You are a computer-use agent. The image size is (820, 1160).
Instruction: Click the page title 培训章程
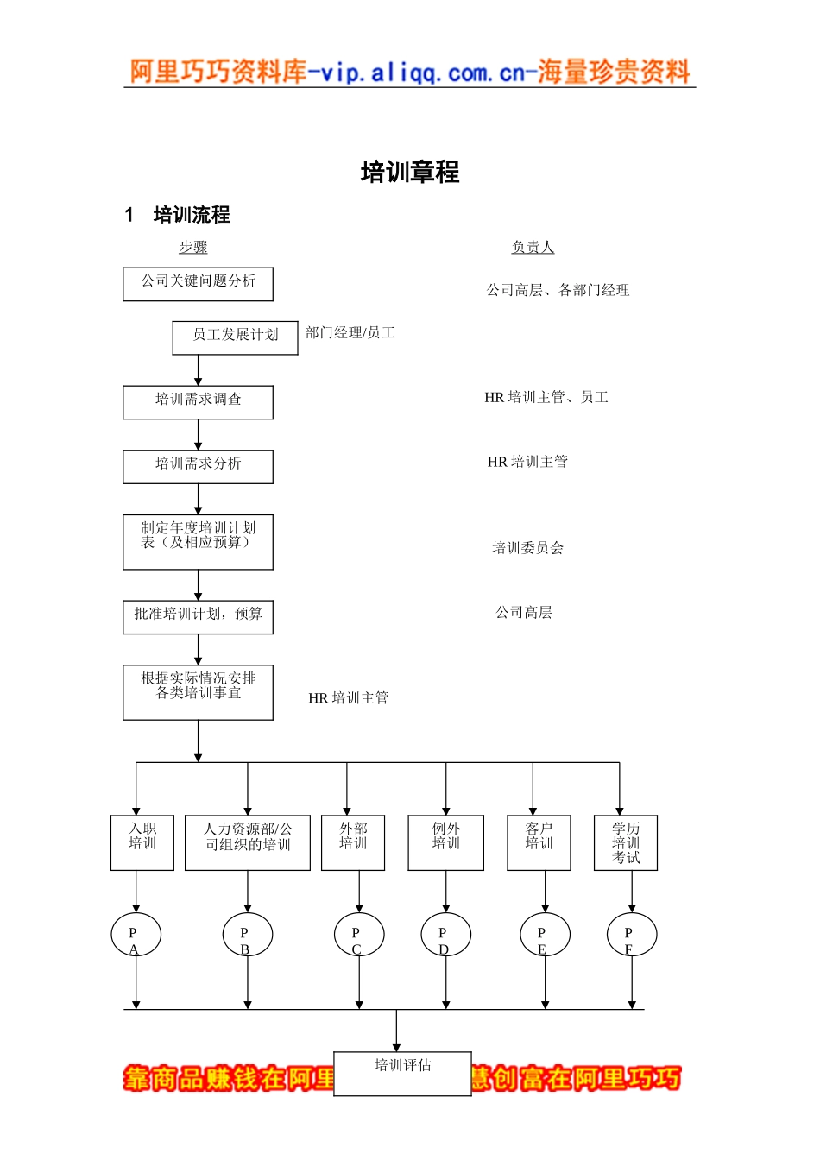(x=409, y=172)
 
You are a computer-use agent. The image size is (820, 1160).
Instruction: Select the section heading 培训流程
(x=191, y=215)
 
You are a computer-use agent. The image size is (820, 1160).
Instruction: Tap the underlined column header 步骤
(x=192, y=247)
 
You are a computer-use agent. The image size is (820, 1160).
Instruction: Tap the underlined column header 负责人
(x=533, y=247)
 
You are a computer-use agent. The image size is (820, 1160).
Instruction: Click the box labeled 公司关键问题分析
(x=198, y=284)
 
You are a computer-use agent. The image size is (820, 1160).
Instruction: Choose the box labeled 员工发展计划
(x=235, y=337)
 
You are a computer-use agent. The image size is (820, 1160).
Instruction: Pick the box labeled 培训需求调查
(x=198, y=402)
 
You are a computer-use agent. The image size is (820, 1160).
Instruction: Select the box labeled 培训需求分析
(x=198, y=466)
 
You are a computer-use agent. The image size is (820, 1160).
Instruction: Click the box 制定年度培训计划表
(x=198, y=542)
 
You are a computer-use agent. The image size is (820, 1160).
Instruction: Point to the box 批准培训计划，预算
(x=198, y=617)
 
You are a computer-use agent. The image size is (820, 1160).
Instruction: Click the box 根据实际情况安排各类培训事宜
(x=198, y=692)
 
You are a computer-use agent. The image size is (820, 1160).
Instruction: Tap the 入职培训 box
(x=142, y=842)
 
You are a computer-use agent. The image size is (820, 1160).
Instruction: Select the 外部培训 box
(x=352, y=842)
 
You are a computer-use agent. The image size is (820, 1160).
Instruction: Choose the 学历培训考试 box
(x=626, y=842)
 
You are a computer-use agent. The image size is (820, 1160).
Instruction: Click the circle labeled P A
(x=136, y=935)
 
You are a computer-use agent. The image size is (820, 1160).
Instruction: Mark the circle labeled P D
(x=445, y=935)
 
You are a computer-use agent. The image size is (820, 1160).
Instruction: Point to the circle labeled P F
(x=631, y=935)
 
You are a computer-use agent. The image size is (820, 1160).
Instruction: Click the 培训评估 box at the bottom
(x=402, y=1073)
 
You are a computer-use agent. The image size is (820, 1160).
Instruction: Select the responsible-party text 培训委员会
(x=527, y=547)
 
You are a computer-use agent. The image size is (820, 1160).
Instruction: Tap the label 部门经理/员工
(x=350, y=332)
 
